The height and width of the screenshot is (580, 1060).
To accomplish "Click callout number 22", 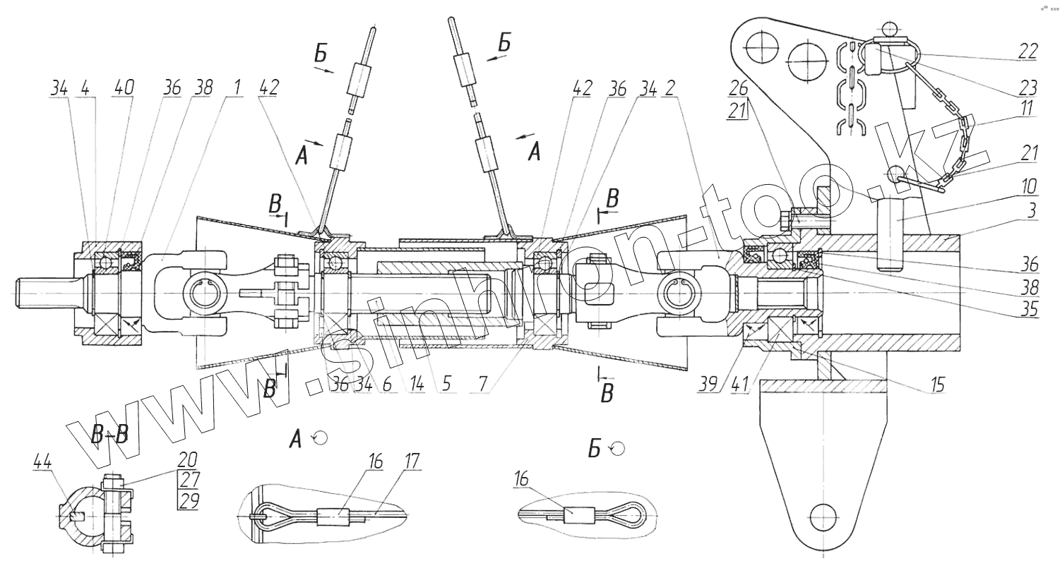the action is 1028,51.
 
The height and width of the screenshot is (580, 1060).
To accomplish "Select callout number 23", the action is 1028,88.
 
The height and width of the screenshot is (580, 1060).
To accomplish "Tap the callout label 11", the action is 1026,108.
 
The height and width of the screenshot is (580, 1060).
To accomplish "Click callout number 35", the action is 1028,308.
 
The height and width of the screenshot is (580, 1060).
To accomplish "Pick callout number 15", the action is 936,385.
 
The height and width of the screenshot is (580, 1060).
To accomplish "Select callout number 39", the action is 708,385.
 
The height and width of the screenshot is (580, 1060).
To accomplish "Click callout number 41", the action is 739,385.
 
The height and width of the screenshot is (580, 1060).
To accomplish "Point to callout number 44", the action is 42,462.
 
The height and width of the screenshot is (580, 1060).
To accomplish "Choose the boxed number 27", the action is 189,480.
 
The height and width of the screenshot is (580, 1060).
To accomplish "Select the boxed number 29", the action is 189,500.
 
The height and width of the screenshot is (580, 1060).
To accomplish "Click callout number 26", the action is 738,88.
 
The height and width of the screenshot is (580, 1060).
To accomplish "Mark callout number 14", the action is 417,385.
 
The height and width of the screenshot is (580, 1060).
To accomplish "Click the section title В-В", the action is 109,433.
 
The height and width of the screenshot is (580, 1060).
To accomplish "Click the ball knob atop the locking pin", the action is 889,28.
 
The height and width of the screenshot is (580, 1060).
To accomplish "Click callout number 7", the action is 482,385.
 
